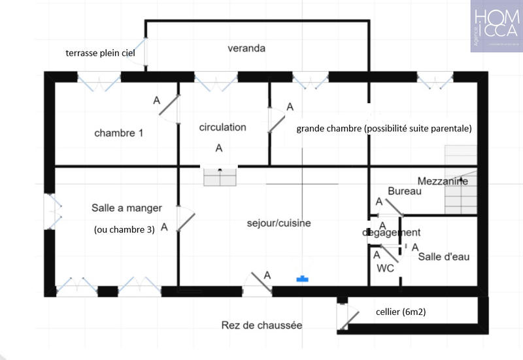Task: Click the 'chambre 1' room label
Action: tap(118, 133)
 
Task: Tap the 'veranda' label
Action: tap(246, 48)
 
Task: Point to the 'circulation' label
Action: tap(222, 127)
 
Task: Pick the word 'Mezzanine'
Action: tap(443, 181)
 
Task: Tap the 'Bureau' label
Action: tap(404, 191)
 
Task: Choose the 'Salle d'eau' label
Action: tap(444, 257)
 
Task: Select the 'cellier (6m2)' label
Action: tap(401, 312)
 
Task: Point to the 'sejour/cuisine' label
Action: tap(278, 223)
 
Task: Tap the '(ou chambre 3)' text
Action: tap(125, 229)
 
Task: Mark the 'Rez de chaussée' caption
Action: tap(261, 325)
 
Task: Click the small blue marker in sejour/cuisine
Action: tap(302, 279)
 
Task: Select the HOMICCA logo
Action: tap(496, 26)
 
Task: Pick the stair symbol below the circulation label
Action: tap(219, 177)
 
